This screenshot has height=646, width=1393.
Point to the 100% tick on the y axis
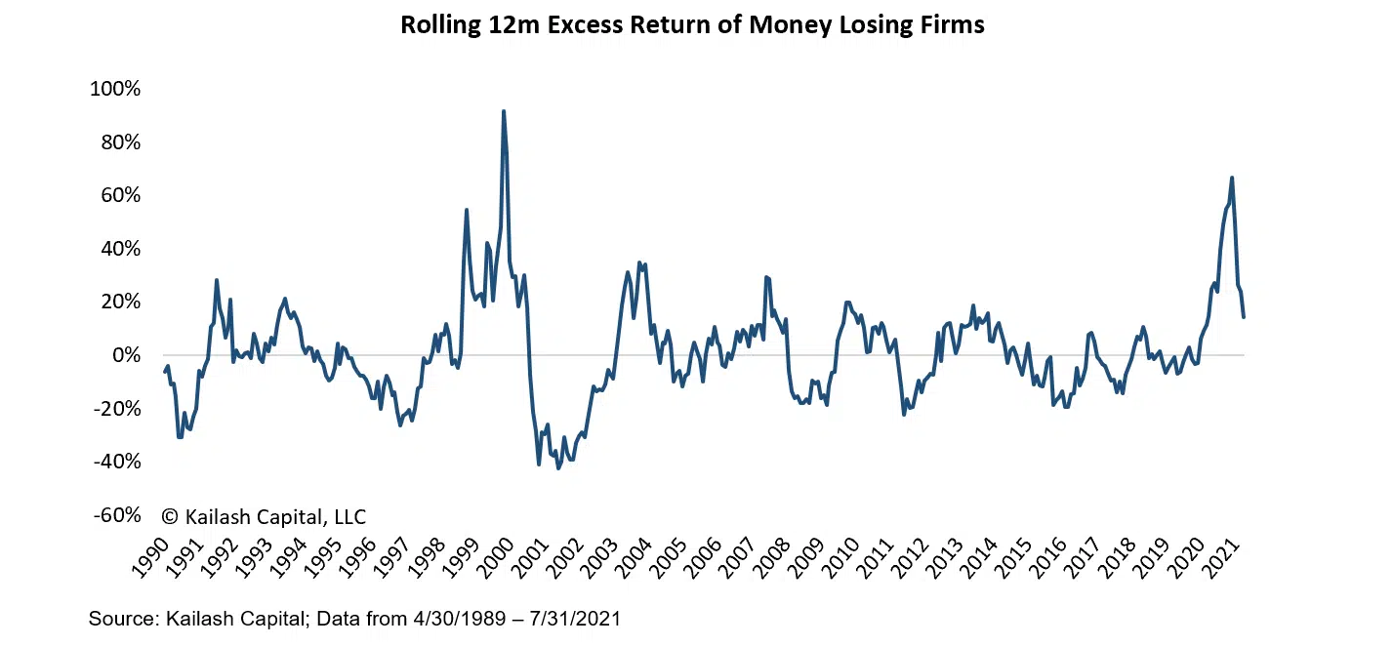(x=115, y=90)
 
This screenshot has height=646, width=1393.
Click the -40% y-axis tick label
(x=116, y=463)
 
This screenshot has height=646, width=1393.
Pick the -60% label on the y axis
(x=116, y=515)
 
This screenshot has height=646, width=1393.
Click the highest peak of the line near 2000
(x=504, y=111)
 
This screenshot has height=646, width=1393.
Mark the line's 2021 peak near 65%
(x=1232, y=178)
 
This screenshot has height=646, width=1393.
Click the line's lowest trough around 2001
(x=558, y=468)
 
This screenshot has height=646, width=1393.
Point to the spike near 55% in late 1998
(x=467, y=210)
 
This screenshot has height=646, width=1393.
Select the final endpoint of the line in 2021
(x=1244, y=316)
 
